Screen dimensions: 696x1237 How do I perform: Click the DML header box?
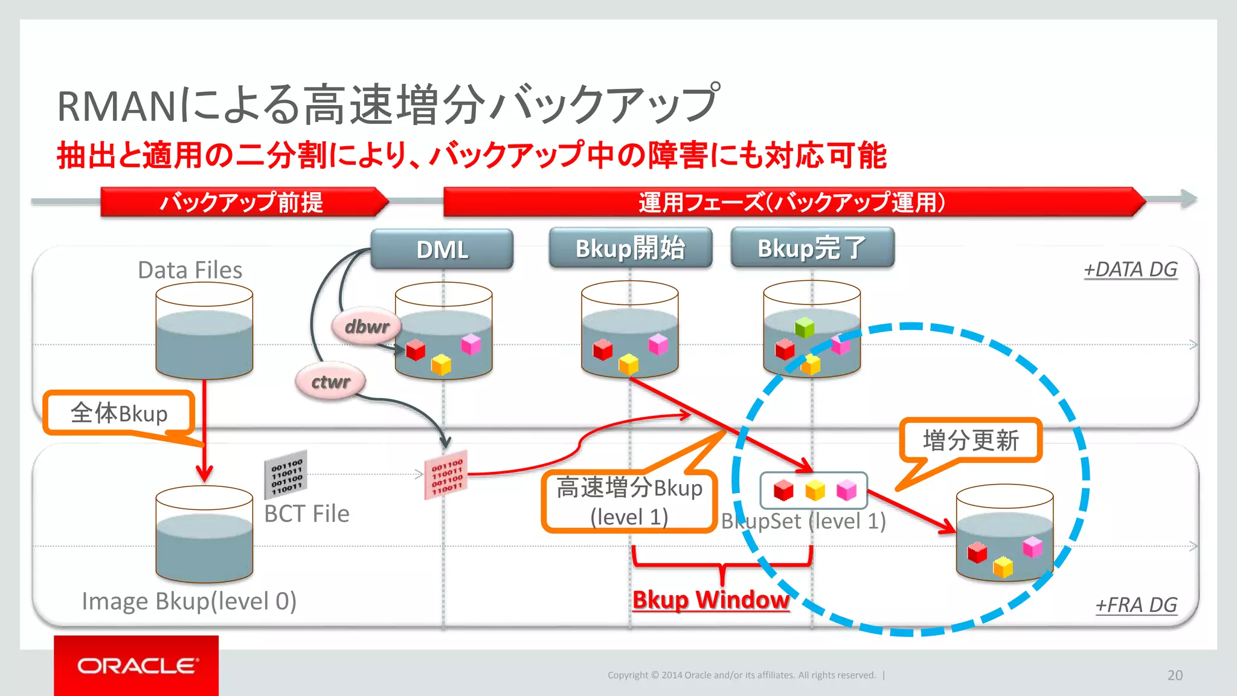(442, 249)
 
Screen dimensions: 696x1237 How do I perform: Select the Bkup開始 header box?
(630, 248)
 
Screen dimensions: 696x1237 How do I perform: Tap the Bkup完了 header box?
(812, 248)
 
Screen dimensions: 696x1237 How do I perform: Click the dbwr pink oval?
(366, 327)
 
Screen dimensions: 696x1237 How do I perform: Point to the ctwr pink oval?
(330, 382)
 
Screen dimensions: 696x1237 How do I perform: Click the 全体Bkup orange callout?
(119, 413)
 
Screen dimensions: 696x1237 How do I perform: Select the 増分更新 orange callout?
(971, 440)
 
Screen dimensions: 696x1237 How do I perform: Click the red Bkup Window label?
(711, 600)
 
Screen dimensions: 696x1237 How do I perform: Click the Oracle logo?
(137, 666)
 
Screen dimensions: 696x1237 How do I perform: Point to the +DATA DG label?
(1130, 269)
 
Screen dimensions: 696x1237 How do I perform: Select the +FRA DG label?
(1136, 605)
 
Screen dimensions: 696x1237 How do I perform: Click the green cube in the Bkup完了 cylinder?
(805, 328)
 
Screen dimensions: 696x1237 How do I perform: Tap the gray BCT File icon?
(286, 474)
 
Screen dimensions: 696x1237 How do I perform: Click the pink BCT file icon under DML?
(446, 474)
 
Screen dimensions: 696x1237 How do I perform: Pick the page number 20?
(1175, 675)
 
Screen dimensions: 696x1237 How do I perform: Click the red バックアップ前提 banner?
(242, 202)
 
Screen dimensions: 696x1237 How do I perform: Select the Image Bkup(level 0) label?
(189, 601)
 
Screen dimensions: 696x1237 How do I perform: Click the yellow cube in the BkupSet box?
(815, 490)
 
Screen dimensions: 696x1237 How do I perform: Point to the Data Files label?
(190, 270)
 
